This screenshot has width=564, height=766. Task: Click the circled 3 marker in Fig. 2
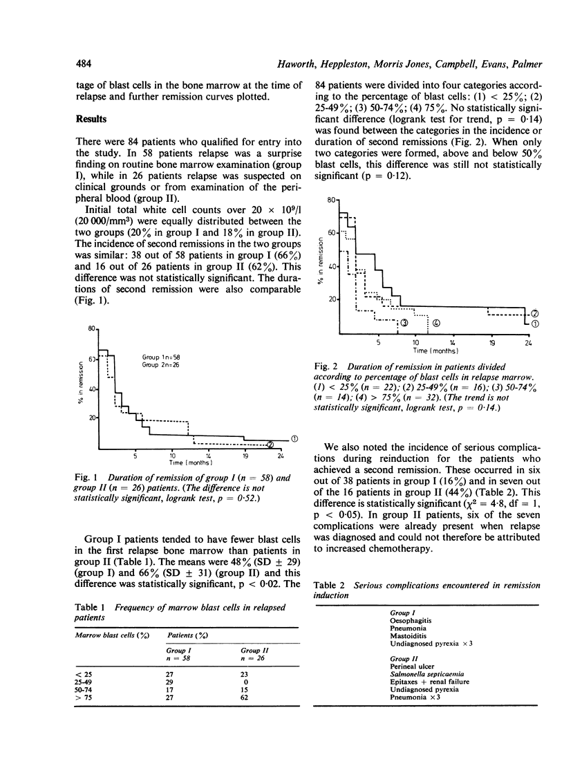pyautogui.click(x=403, y=323)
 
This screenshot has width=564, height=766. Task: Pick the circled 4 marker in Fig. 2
pyautogui.click(x=436, y=323)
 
